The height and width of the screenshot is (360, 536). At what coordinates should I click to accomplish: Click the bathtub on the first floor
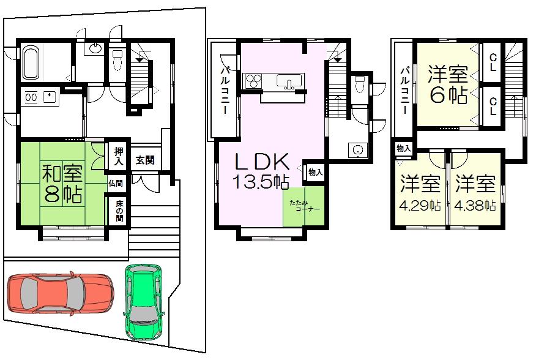tap(32, 63)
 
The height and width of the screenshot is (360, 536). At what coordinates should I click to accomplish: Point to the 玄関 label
tap(144, 161)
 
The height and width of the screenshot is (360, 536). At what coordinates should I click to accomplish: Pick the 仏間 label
tap(117, 182)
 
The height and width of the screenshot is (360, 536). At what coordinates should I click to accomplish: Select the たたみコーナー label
tap(302, 204)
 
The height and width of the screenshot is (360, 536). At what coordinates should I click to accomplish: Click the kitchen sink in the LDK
tap(286, 81)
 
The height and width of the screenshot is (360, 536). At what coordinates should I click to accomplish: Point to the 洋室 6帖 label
tap(447, 85)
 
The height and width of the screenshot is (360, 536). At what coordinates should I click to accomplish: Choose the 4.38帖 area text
tap(475, 206)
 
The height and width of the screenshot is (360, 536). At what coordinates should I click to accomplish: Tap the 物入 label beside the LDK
tap(315, 172)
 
